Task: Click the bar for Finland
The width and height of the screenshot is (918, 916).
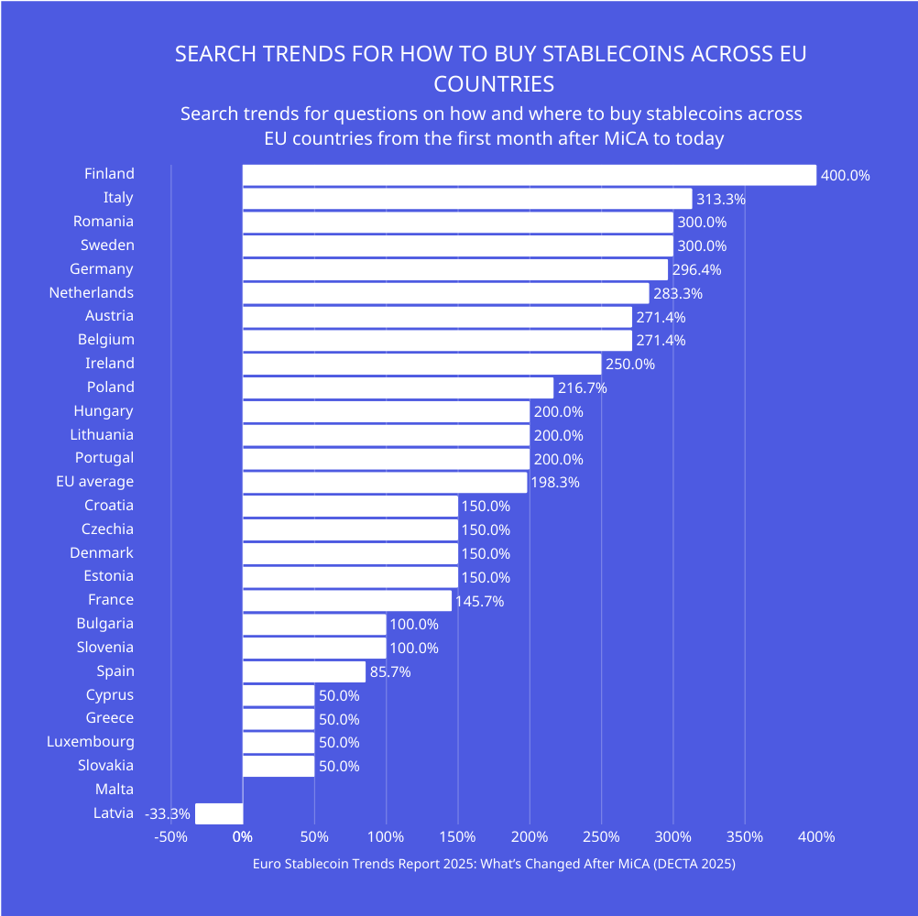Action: coord(529,175)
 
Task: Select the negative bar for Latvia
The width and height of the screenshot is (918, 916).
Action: coord(219,813)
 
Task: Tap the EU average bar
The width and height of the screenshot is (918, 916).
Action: coord(385,483)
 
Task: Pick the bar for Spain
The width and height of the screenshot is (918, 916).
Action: coord(303,671)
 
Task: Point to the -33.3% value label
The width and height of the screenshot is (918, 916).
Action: coord(168,813)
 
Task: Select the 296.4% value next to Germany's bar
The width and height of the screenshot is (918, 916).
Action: coord(696,270)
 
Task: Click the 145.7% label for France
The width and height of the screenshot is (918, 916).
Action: coord(479,601)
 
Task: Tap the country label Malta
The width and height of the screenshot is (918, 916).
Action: coord(115,789)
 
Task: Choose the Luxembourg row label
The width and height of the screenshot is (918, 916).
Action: coord(91,742)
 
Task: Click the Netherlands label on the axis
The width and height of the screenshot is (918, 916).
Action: coord(92,293)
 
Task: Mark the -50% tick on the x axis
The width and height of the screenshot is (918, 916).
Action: coord(170,837)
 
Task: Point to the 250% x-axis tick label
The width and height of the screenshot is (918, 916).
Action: coord(601,837)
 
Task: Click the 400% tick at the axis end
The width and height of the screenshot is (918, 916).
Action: coord(815,837)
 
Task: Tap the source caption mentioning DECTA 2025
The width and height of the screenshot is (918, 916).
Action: coord(494,864)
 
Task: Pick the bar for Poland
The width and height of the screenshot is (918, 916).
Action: coord(398,387)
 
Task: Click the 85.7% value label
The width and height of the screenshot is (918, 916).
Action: coord(389,672)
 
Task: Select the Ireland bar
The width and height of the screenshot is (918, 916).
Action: coord(421,365)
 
